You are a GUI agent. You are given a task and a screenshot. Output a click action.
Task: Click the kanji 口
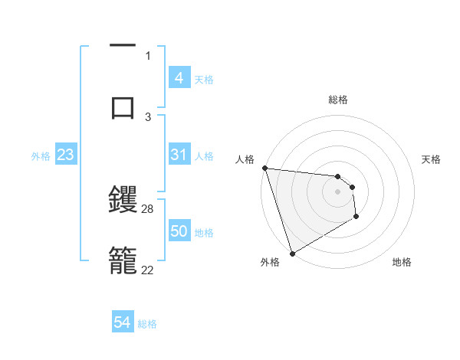tap(123, 106)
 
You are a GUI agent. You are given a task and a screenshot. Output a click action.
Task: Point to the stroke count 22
tap(148, 269)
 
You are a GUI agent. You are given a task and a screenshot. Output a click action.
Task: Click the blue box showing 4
tap(179, 78)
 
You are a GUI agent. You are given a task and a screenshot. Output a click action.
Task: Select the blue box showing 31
tap(179, 155)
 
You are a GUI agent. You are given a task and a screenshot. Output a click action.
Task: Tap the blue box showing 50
tap(179, 231)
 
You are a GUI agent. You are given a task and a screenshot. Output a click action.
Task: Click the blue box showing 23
tap(65, 155)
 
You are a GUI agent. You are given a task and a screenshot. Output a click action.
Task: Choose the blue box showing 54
tap(123, 323)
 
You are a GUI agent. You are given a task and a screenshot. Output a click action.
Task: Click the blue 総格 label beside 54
tap(147, 324)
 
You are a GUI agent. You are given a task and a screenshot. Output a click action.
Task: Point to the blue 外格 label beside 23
tap(41, 156)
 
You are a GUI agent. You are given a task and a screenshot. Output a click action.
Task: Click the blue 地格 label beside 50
tap(204, 232)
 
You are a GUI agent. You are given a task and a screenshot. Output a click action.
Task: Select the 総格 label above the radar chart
tap(338, 100)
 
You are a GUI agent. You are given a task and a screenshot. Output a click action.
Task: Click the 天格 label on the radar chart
tap(431, 159)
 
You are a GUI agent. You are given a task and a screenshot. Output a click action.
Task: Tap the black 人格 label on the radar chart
tap(245, 159)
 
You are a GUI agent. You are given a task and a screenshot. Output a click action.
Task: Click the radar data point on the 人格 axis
tap(264, 168)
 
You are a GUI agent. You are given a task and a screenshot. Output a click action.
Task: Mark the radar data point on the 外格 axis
tap(292, 253)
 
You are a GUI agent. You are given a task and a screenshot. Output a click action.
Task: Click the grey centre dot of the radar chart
tap(337, 191)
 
